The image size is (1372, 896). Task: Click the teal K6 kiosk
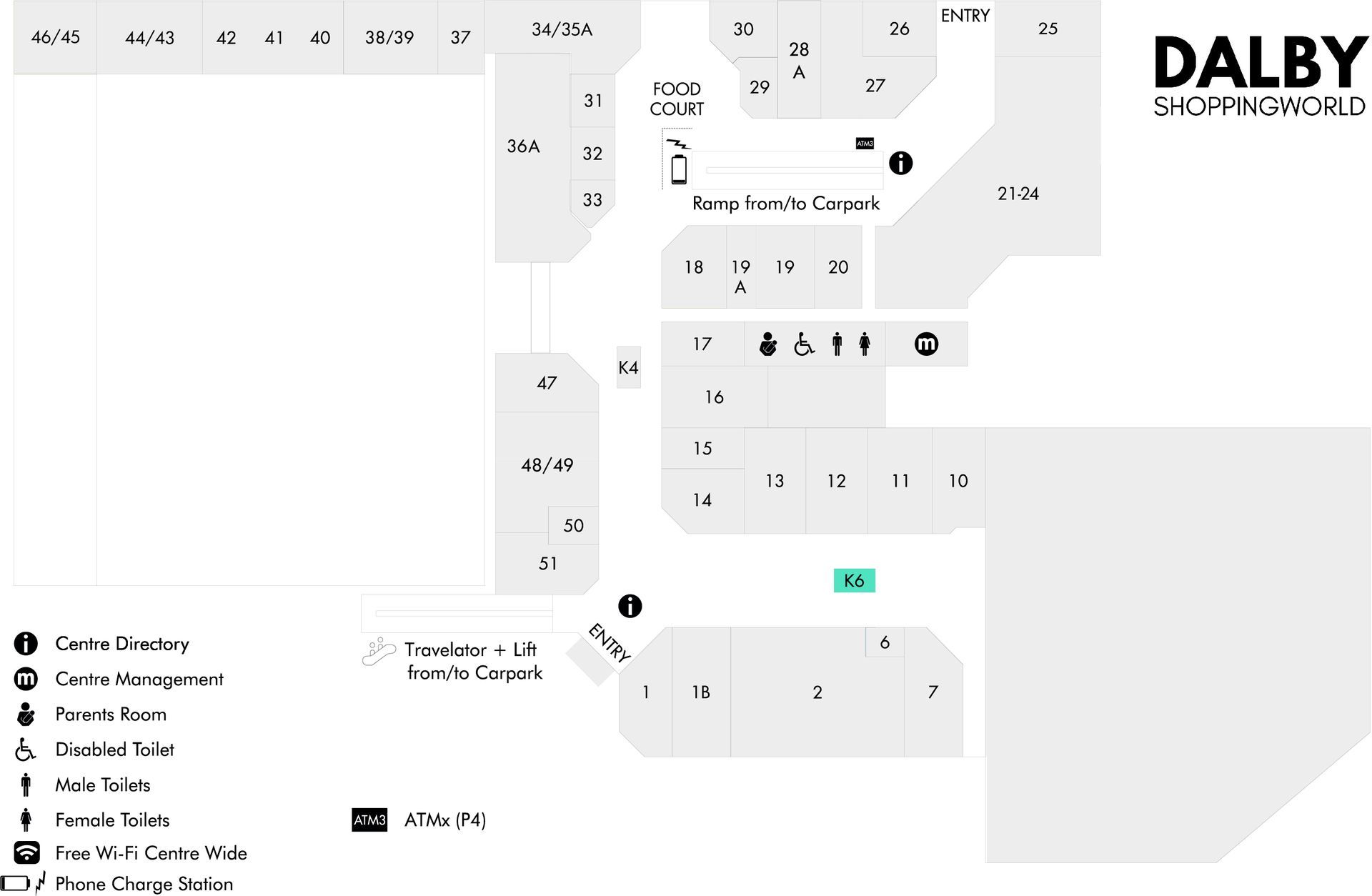click(854, 580)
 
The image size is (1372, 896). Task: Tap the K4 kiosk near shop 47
click(628, 367)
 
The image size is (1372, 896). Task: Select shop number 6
click(885, 642)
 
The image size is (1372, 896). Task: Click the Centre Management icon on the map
click(926, 344)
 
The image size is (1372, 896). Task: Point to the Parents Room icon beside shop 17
click(767, 344)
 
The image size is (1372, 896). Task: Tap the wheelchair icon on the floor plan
click(804, 344)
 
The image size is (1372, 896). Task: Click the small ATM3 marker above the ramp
click(865, 144)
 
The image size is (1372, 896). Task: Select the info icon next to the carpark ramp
click(900, 163)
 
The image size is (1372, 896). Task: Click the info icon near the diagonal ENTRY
click(630, 606)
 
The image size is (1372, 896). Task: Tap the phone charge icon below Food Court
click(679, 163)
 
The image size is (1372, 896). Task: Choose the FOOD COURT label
click(677, 99)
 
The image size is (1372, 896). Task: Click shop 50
click(573, 525)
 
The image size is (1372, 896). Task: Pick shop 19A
click(740, 277)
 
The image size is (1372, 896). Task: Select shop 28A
click(799, 60)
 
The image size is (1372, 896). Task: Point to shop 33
click(592, 200)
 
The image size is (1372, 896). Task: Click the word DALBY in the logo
click(1261, 63)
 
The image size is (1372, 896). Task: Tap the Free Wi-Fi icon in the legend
click(26, 852)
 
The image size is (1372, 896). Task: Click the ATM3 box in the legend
click(369, 820)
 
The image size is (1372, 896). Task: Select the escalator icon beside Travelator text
click(379, 652)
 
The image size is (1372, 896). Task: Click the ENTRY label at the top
click(965, 16)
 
